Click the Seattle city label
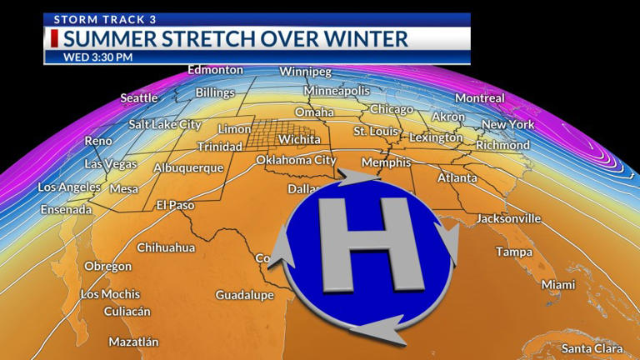(x=139, y=98)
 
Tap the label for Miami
(x=558, y=285)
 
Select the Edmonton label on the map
(x=215, y=70)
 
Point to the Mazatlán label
(x=133, y=342)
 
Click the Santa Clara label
(x=592, y=348)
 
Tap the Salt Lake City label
(x=165, y=124)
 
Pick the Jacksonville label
(x=508, y=219)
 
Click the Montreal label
(x=480, y=98)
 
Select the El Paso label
(x=175, y=205)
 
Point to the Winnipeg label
(x=305, y=71)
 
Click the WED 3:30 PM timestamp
(x=98, y=57)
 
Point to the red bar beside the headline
(x=54, y=38)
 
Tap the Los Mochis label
(x=110, y=294)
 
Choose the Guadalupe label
(x=244, y=295)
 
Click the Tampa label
(x=514, y=252)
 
